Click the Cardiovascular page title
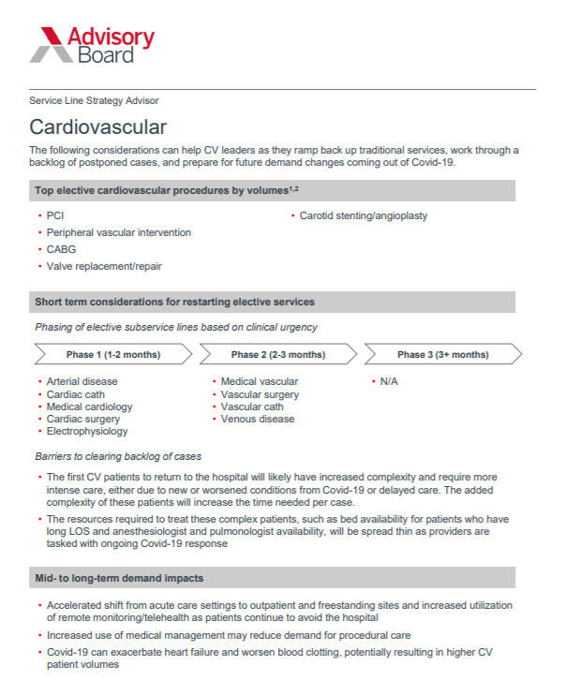[x=98, y=126]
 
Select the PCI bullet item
[x=55, y=215]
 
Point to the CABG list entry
[x=61, y=249]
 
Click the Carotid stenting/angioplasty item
[x=363, y=215]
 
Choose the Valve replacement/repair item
[x=104, y=266]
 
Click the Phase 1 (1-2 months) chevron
[x=112, y=355]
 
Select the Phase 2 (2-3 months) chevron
[x=277, y=355]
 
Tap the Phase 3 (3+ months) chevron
[x=442, y=355]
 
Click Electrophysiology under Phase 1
[x=87, y=432]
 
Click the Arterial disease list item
[x=82, y=381]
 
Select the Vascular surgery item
[x=260, y=394]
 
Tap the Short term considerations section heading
[x=174, y=302]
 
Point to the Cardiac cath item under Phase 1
[x=78, y=394]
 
